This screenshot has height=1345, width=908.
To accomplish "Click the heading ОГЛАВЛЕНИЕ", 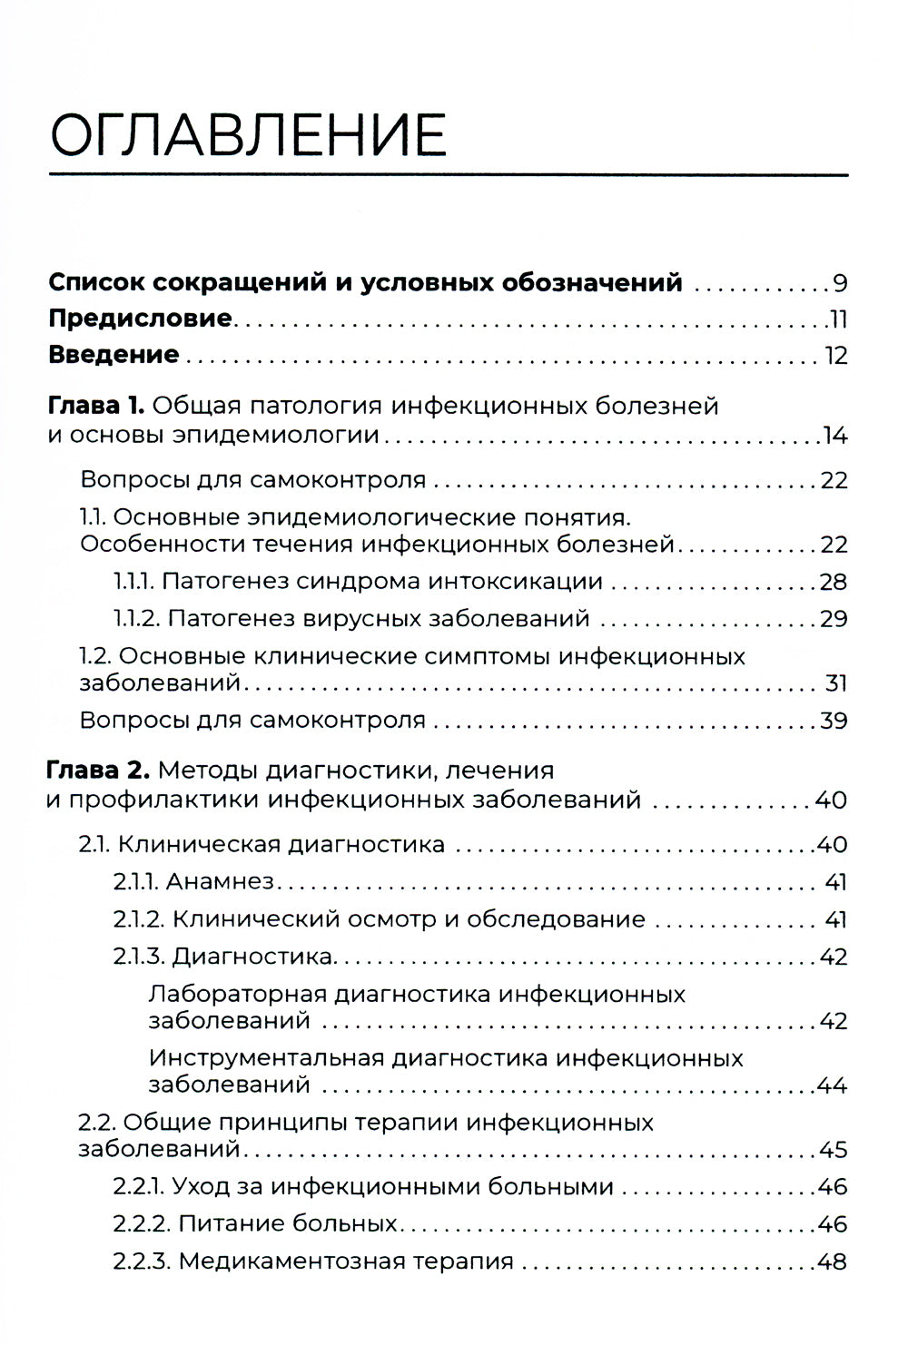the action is [248, 133].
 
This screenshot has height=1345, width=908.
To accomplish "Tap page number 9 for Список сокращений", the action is [840, 283].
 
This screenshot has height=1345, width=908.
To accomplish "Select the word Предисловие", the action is [140, 319].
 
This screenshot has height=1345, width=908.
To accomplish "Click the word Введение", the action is [113, 354].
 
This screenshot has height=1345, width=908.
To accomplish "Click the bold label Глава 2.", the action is [98, 771].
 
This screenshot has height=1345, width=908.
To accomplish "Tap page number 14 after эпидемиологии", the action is [834, 436].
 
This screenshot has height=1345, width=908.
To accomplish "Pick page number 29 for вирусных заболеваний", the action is [834, 619].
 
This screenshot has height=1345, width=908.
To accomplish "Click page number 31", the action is [835, 682].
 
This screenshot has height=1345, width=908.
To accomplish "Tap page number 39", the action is [834, 721].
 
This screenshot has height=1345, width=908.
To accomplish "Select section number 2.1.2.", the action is [138, 919].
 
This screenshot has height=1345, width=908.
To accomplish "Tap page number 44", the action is [833, 1085].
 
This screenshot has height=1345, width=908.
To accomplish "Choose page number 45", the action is [833, 1150].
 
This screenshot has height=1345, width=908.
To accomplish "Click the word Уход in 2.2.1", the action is [197, 1187].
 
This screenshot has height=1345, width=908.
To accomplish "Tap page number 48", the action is [833, 1262].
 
